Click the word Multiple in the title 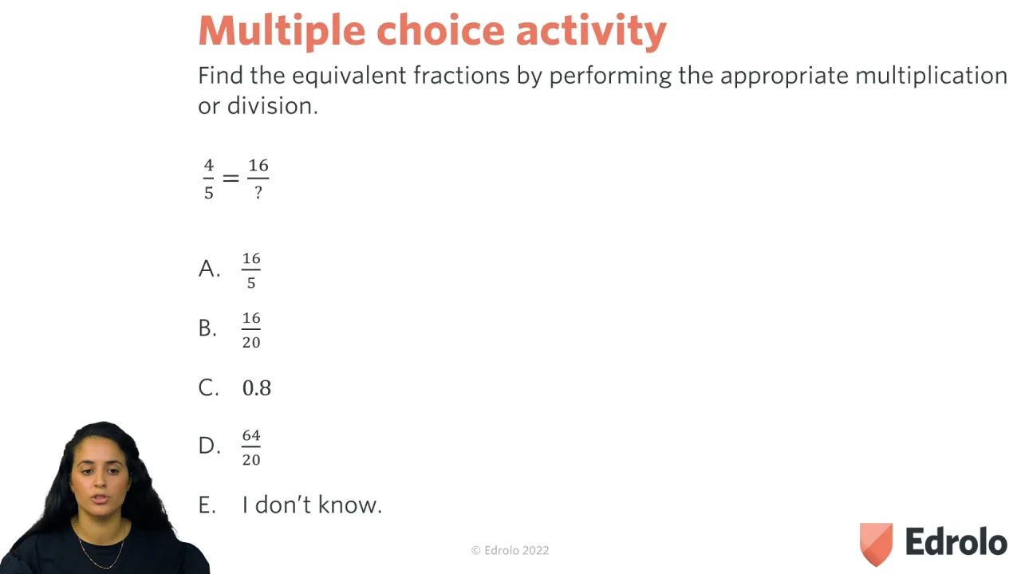click(x=282, y=31)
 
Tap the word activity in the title click(x=591, y=31)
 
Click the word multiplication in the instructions click(x=931, y=76)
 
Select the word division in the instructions click(x=272, y=106)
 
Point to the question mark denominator click(x=258, y=192)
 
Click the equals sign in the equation click(x=231, y=178)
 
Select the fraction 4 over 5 click(x=209, y=179)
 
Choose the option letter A click(x=209, y=269)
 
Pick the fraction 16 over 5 click(x=251, y=270)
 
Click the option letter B click(x=207, y=328)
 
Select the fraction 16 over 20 click(x=251, y=330)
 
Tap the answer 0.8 click(x=257, y=388)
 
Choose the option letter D click(x=209, y=446)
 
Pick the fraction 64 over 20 click(x=251, y=447)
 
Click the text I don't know click(x=312, y=505)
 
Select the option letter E click(x=207, y=505)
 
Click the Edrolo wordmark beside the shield click(x=956, y=541)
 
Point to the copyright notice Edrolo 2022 click(x=510, y=550)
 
